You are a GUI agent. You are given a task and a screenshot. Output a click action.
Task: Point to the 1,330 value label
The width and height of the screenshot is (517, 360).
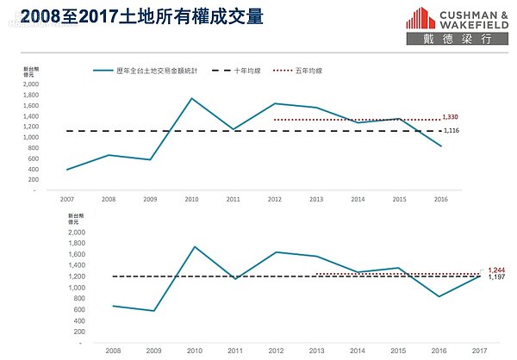(450, 116)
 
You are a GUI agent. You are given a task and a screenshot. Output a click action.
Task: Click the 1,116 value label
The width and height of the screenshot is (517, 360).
(450, 130)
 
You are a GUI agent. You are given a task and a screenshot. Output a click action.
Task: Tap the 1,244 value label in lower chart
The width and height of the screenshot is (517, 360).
(496, 270)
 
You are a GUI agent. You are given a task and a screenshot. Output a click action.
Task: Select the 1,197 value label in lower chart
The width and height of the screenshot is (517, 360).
(496, 277)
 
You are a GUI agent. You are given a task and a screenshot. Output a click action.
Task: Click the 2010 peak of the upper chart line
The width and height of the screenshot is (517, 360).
(190, 98)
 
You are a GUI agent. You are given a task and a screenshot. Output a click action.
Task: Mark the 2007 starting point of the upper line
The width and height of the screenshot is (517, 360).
(66, 170)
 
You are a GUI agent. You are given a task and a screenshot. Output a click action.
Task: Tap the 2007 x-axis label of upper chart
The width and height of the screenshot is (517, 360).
(66, 198)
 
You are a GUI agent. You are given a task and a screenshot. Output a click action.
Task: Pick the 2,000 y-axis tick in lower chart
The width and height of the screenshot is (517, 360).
(76, 233)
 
